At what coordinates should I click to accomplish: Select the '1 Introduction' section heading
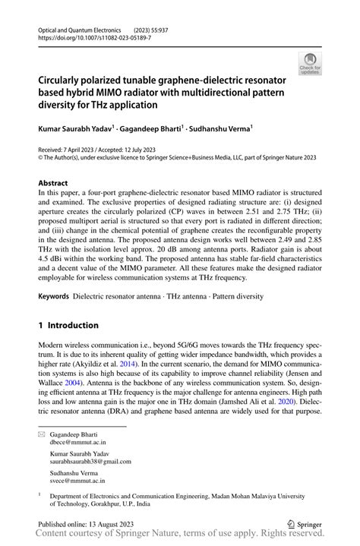click(68, 325)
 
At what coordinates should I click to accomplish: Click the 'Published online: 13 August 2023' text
click(90, 523)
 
